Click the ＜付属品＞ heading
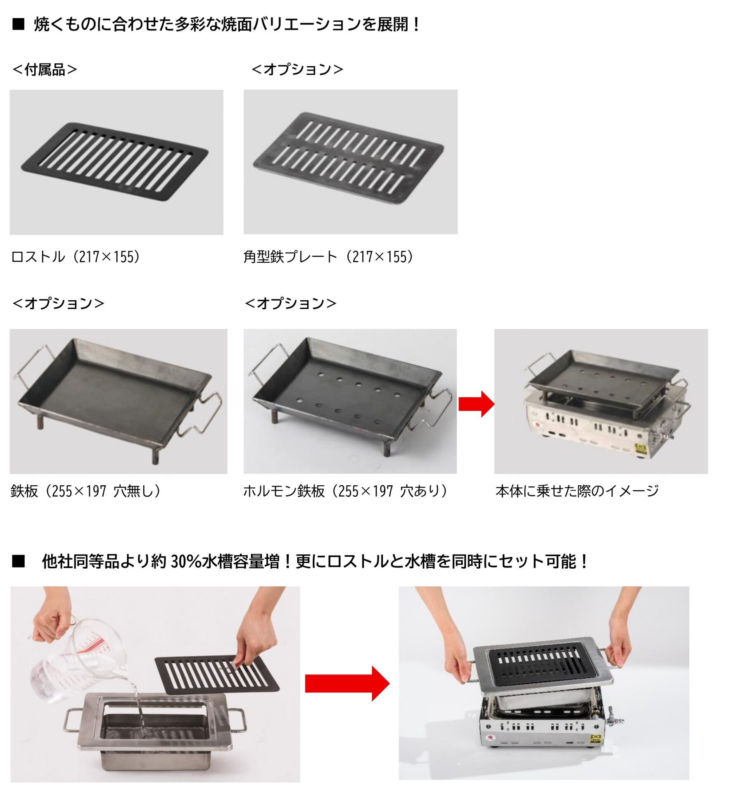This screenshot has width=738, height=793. (x=45, y=69)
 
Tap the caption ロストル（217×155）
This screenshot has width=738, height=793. (x=76, y=257)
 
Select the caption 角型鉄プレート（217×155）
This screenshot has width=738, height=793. (x=329, y=257)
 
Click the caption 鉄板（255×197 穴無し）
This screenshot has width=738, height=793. (x=86, y=491)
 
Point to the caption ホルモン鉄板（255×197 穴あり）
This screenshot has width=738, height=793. (x=346, y=491)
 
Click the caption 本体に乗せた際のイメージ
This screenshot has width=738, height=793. (x=577, y=491)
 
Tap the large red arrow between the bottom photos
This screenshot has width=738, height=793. (x=347, y=684)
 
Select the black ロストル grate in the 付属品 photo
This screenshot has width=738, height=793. (x=115, y=161)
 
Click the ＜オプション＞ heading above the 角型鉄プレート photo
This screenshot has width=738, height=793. (x=297, y=69)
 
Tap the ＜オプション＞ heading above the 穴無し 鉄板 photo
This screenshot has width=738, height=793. (x=58, y=304)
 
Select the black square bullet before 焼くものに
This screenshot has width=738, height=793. (x=19, y=25)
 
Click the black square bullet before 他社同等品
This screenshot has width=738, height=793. (x=19, y=562)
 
